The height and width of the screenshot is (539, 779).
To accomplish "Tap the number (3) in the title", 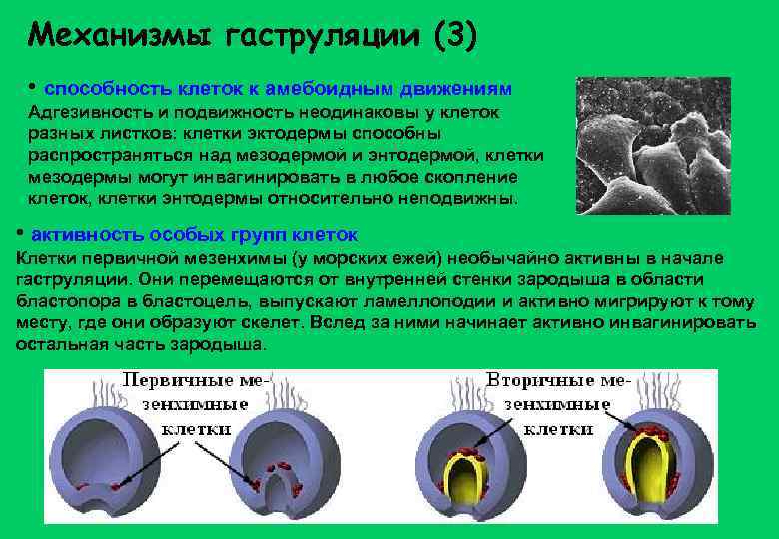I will [x=455, y=36].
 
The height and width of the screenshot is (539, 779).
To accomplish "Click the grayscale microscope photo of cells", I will [x=661, y=145].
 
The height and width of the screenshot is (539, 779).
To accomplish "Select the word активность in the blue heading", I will [x=87, y=235].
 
